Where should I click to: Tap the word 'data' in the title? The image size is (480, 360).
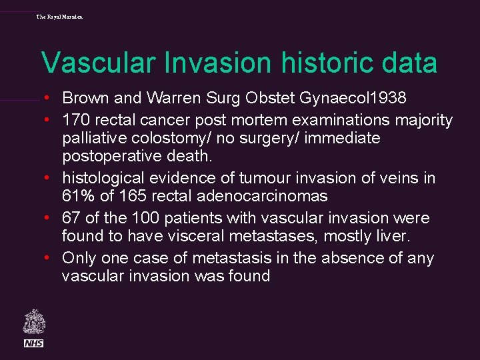[x=411, y=63]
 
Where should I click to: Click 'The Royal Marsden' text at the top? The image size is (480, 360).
[x=60, y=16]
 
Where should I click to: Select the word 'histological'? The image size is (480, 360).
[x=103, y=179]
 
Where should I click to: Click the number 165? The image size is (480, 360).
[x=127, y=197]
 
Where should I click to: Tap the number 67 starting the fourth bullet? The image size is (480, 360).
[x=71, y=219]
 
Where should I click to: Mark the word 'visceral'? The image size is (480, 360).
[x=193, y=237]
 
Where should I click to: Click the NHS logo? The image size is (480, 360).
[x=33, y=343]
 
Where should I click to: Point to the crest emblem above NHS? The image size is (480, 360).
[x=33, y=322]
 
